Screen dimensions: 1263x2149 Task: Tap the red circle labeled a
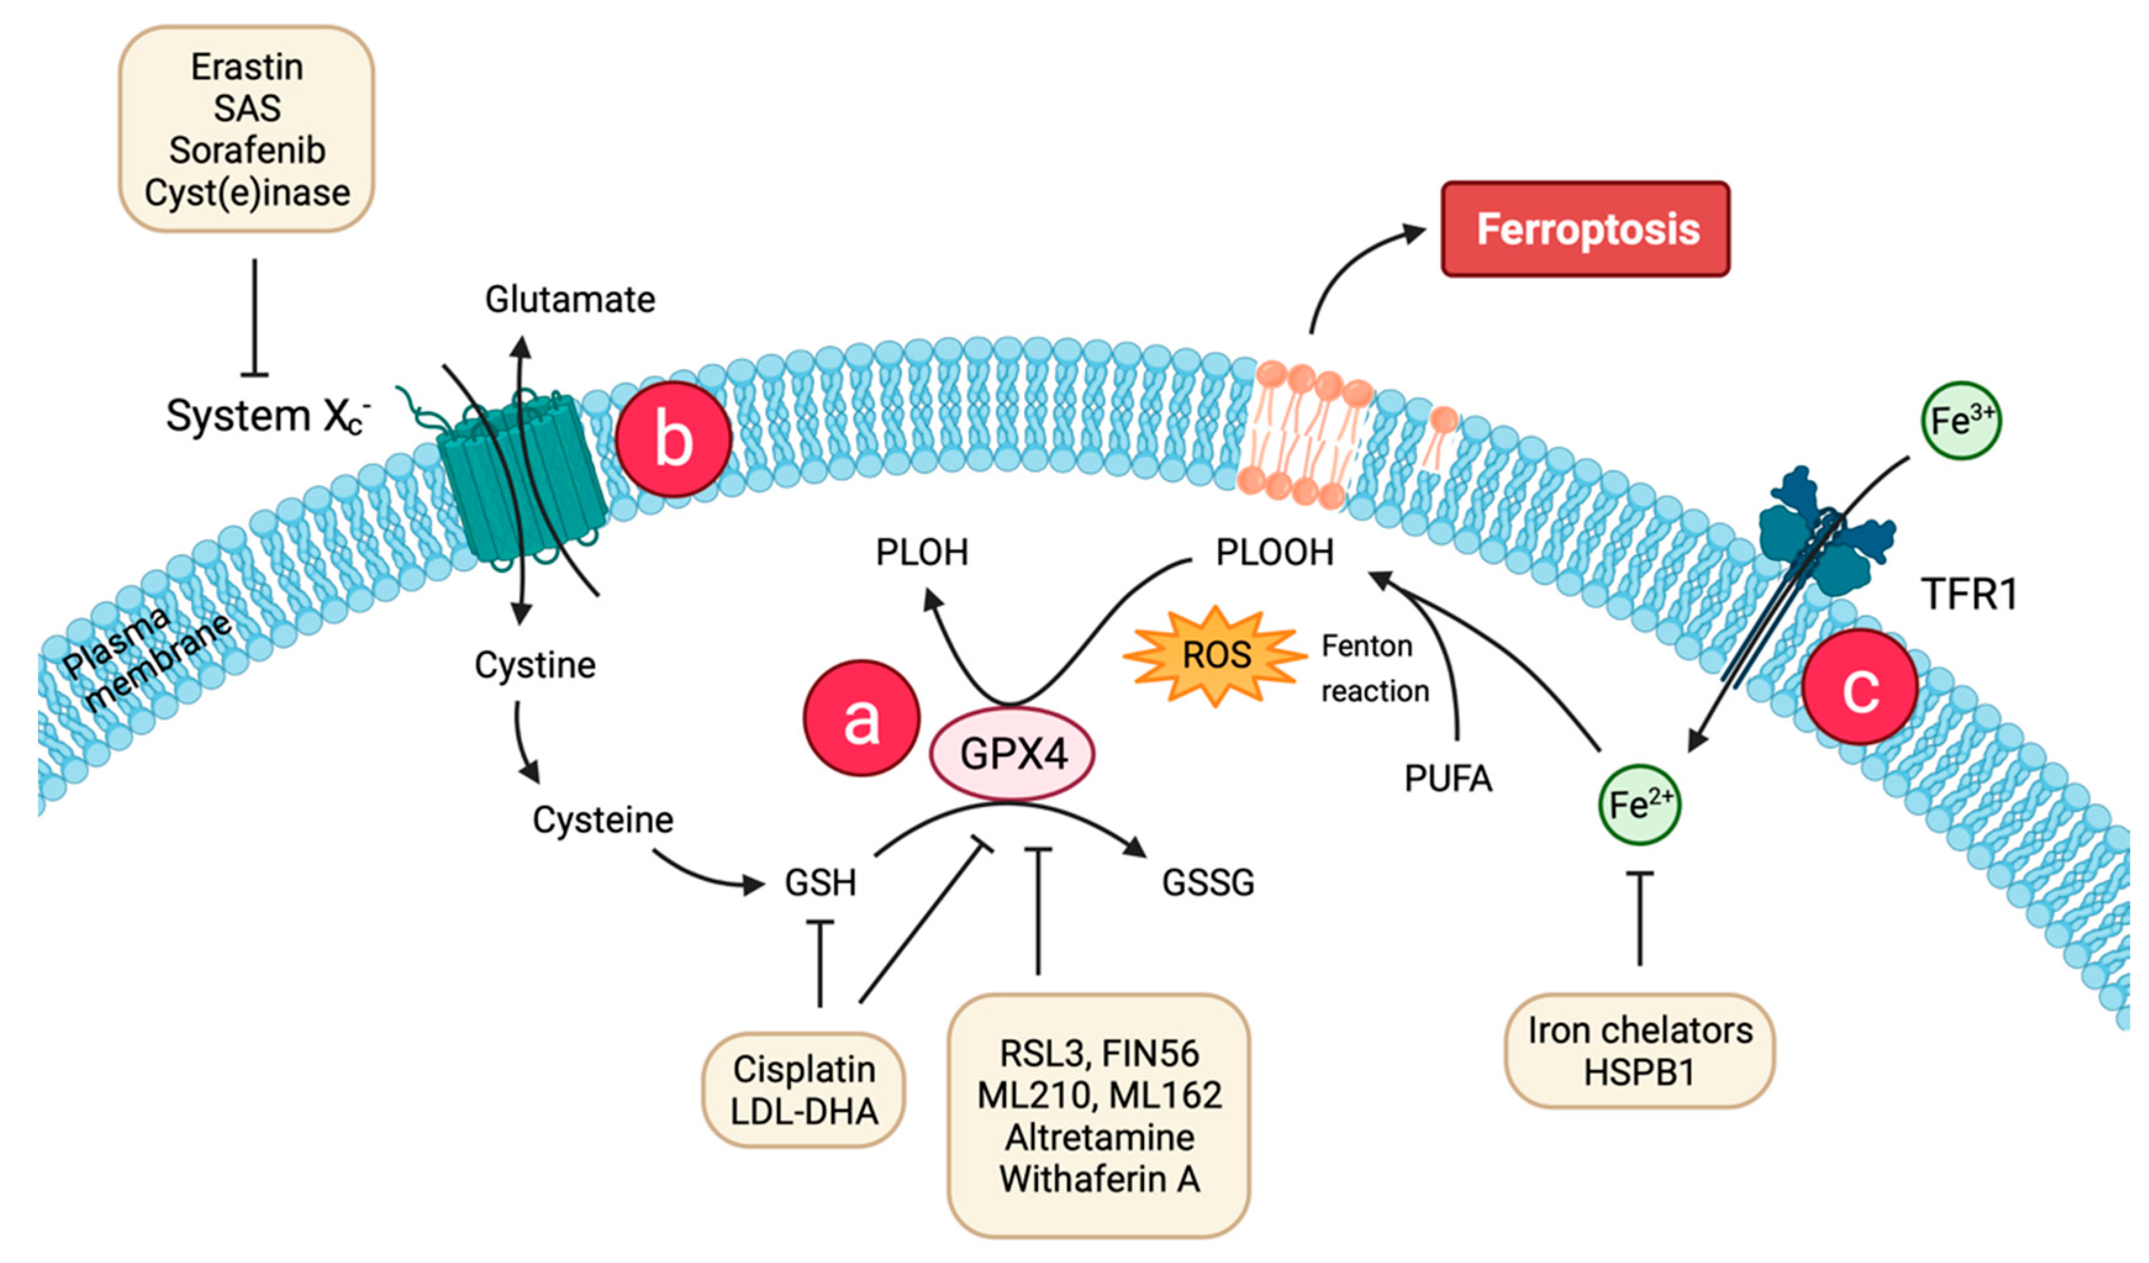coord(861,718)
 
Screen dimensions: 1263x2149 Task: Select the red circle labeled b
coord(673,439)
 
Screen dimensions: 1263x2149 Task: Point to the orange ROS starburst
coord(1215,656)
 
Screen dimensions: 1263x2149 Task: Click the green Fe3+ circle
coord(1961,420)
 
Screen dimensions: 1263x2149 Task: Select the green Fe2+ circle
coord(1639,804)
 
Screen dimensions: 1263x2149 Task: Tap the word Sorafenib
coord(247,150)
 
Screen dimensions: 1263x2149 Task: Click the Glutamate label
coord(569,299)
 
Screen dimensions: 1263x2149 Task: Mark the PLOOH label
coord(1274,553)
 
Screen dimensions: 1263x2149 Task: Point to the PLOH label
coord(922,553)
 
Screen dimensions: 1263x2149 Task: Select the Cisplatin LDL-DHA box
coord(803,1090)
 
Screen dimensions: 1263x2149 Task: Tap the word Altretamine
coord(1099,1137)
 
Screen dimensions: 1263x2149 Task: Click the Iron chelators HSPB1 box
coord(1639,1051)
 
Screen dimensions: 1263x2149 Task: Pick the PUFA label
coord(1448,779)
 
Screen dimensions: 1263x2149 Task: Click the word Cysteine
coord(603,819)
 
